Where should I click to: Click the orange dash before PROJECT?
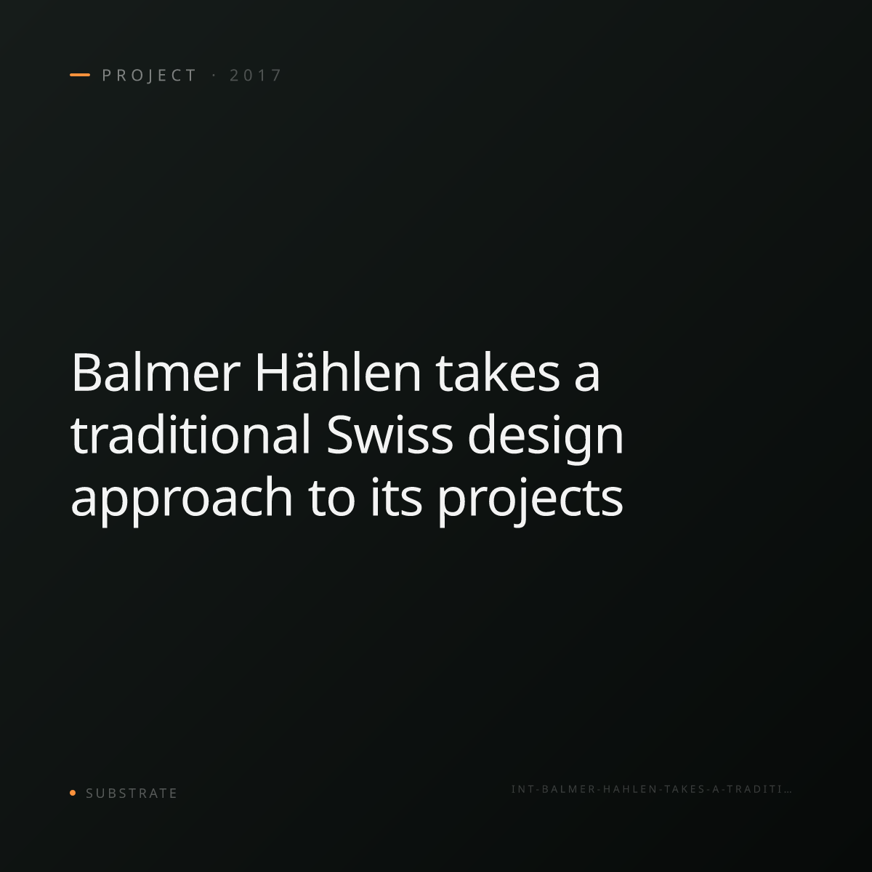[80, 75]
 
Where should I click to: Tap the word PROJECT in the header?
[149, 76]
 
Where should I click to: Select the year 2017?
[256, 76]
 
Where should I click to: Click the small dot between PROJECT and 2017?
[214, 76]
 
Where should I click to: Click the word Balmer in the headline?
[156, 373]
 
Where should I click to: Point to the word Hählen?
[339, 372]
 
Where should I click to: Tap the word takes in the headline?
[498, 373]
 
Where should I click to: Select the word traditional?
[190, 435]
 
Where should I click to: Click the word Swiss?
[389, 435]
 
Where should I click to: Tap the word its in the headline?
[397, 497]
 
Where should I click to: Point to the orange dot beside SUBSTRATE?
[73, 792]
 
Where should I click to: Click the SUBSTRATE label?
[132, 793]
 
